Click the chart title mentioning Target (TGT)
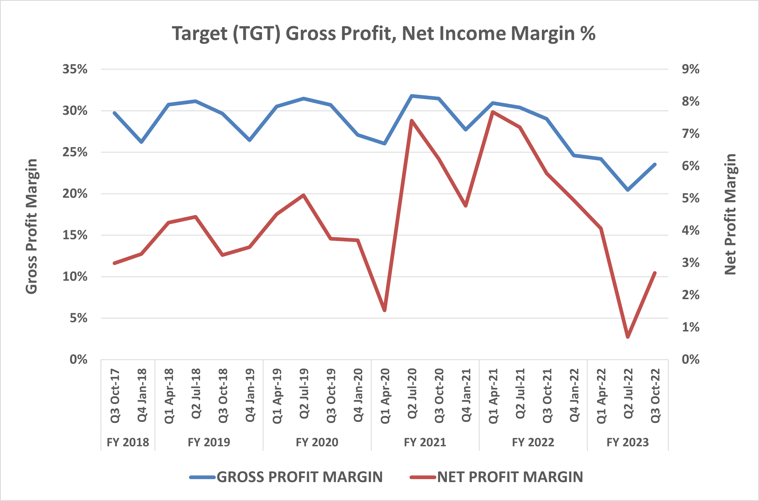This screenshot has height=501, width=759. click(383, 33)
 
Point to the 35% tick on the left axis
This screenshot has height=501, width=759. click(75, 69)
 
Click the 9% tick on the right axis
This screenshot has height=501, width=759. click(690, 69)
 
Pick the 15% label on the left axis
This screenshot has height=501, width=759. click(75, 235)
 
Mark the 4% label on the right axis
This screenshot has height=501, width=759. click(690, 230)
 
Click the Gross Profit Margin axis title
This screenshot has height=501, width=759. click(32, 226)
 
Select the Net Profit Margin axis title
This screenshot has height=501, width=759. click(730, 214)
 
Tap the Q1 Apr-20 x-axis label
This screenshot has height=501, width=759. click(385, 396)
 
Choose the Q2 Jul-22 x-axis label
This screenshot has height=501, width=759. click(628, 394)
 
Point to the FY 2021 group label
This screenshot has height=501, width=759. click(425, 442)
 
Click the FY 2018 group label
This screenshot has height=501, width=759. click(128, 442)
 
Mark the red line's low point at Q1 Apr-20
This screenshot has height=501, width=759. click(385, 310)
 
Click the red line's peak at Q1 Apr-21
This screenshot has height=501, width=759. click(493, 112)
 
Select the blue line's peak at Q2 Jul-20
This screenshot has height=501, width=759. click(412, 96)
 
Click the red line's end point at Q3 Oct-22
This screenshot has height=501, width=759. click(655, 273)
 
